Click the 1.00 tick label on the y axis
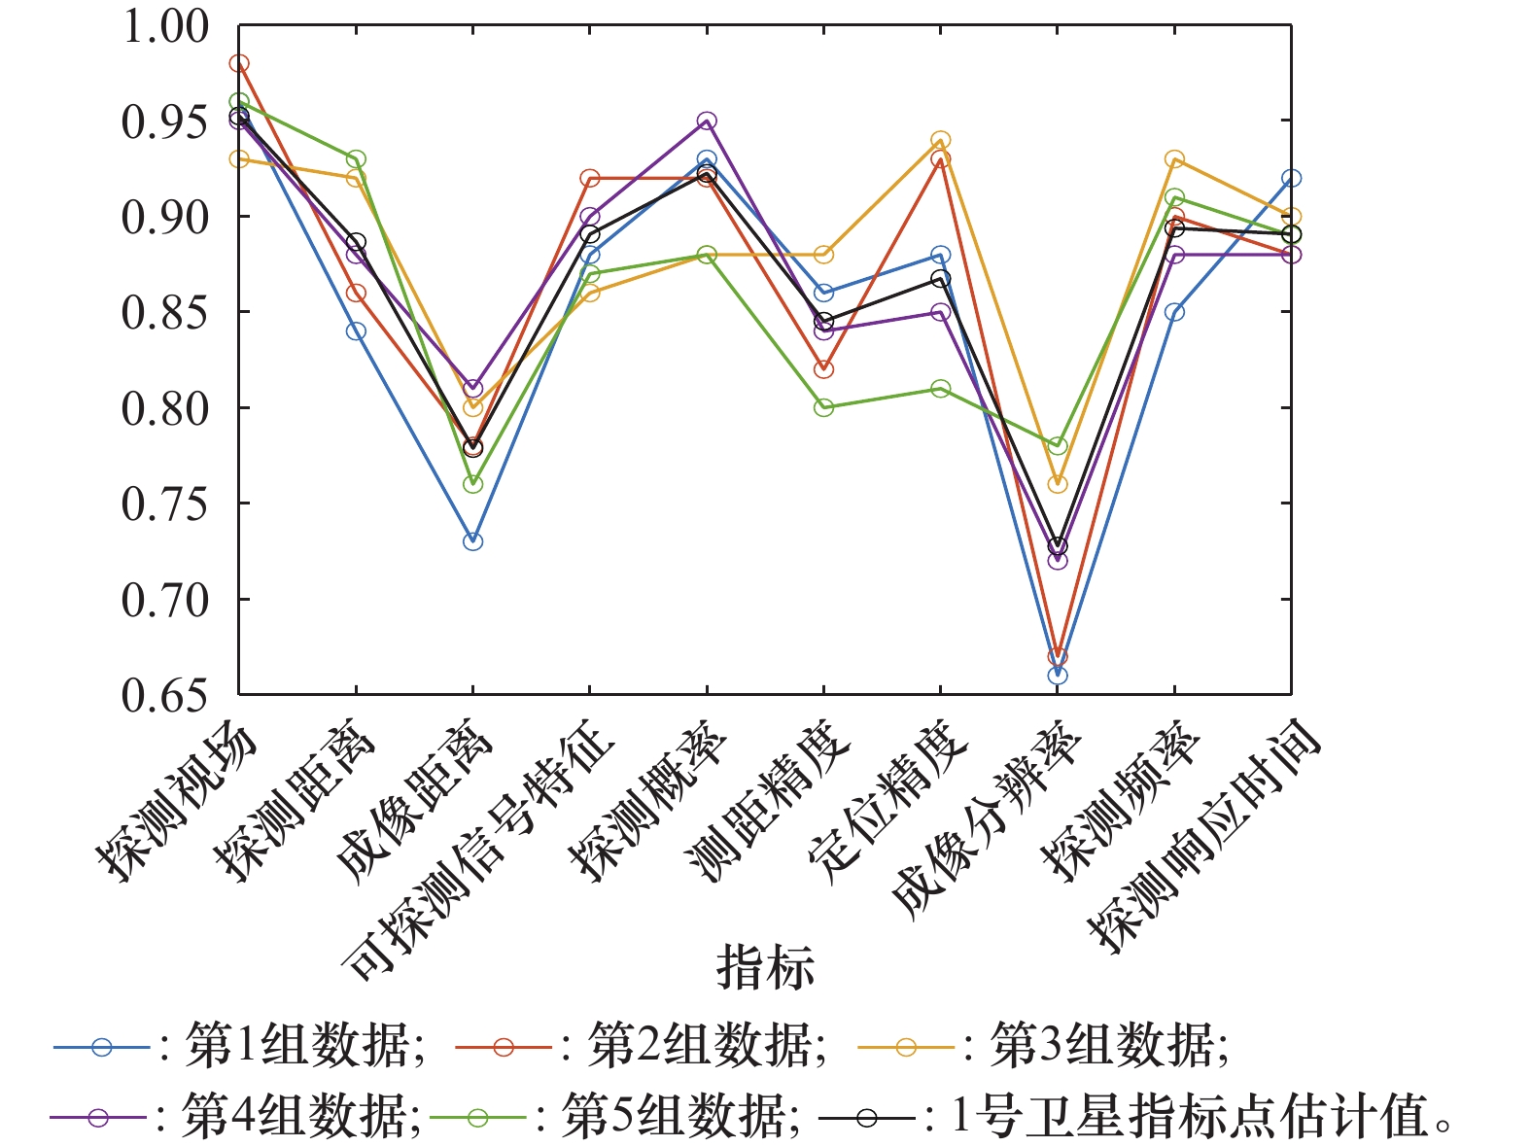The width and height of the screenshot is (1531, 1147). [x=164, y=26]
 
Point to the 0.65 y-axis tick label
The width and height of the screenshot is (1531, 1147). [x=164, y=695]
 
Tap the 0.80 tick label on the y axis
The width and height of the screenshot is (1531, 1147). [x=164, y=408]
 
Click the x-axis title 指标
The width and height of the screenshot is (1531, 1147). [x=765, y=966]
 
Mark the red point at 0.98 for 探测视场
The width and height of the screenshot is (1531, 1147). [x=239, y=64]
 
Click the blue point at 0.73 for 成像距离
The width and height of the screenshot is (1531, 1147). [x=472, y=541]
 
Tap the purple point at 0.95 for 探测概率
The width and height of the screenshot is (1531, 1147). [x=707, y=122]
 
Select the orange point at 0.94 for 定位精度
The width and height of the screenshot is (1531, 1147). [x=940, y=140]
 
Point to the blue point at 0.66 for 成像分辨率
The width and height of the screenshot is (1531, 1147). [x=1058, y=676]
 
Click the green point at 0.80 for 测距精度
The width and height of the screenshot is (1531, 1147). [x=823, y=408]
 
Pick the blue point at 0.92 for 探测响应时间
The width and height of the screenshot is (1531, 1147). [x=1291, y=179]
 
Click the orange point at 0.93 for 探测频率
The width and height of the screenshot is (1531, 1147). [x=1174, y=159]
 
